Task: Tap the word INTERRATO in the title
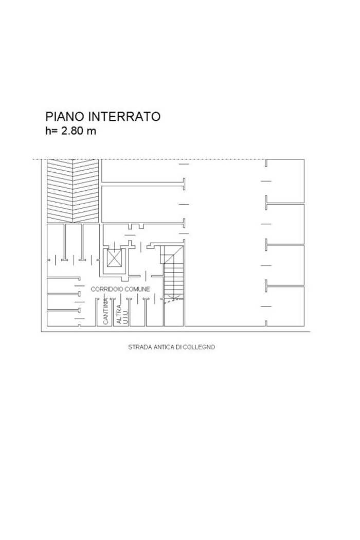[x=124, y=116]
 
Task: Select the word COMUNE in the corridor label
[x=137, y=289]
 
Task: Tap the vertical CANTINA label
[x=106, y=311]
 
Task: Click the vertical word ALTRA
[x=119, y=314]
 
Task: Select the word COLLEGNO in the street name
[x=199, y=347]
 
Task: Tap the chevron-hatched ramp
[x=73, y=191]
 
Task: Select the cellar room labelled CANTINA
[x=105, y=312]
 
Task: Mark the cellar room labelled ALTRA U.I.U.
[x=121, y=312]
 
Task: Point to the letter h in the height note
[x=48, y=131]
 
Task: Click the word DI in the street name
[x=178, y=347]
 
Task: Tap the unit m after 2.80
[x=92, y=132]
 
